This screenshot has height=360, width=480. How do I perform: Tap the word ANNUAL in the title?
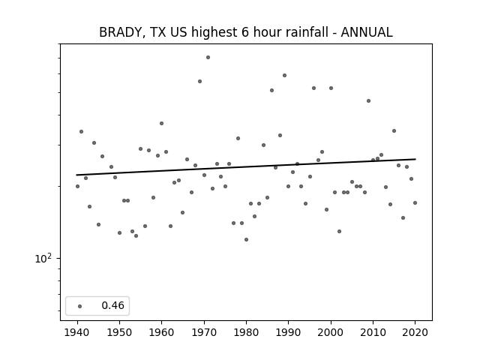(367, 32)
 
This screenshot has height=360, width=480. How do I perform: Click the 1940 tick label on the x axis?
(77, 332)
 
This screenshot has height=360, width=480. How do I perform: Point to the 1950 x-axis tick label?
(120, 332)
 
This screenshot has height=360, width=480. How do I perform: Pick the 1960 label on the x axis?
(162, 332)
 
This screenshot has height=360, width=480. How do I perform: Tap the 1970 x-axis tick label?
(204, 332)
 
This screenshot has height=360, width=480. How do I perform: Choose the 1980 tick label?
(246, 332)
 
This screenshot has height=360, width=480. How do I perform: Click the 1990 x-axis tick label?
(288, 332)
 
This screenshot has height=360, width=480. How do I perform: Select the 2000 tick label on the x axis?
(331, 332)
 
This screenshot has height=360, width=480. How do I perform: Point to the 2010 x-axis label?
(373, 332)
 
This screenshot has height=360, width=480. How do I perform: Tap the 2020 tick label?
(415, 332)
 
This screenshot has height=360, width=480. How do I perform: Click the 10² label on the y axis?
(43, 259)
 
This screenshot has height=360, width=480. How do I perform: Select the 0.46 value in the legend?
(113, 305)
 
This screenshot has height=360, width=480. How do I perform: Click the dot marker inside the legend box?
(80, 306)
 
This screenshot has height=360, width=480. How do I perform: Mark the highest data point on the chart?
(208, 57)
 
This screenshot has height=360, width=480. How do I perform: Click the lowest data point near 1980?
(247, 239)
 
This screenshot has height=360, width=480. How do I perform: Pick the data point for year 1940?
(77, 186)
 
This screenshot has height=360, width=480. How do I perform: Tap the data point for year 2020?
(415, 202)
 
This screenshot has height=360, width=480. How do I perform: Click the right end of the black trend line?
(415, 159)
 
